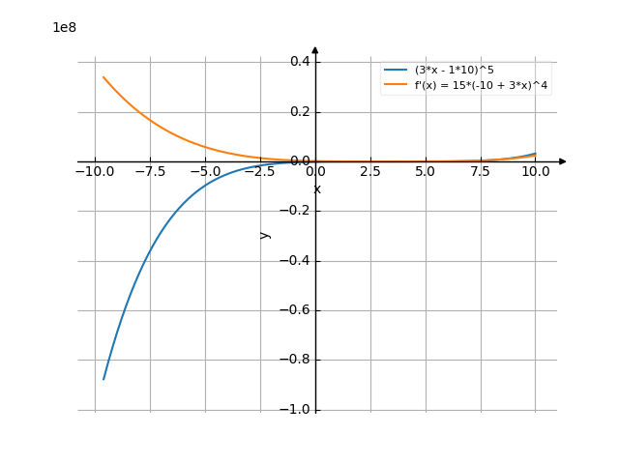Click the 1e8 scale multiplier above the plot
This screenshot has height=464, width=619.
tap(65, 28)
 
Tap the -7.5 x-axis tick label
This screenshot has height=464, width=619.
tap(150, 172)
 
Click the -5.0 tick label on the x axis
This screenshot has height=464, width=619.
tap(205, 172)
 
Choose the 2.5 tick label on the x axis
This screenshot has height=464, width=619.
tap(370, 172)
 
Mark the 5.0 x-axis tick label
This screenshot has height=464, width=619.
tap(426, 172)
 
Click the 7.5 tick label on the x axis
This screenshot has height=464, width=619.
tap(481, 172)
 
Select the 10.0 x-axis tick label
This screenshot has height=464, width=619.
tap(536, 172)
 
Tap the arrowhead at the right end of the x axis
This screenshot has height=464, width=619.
tap(563, 161)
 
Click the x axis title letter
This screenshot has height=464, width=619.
tap(317, 189)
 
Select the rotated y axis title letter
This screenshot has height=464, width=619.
tap(265, 235)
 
